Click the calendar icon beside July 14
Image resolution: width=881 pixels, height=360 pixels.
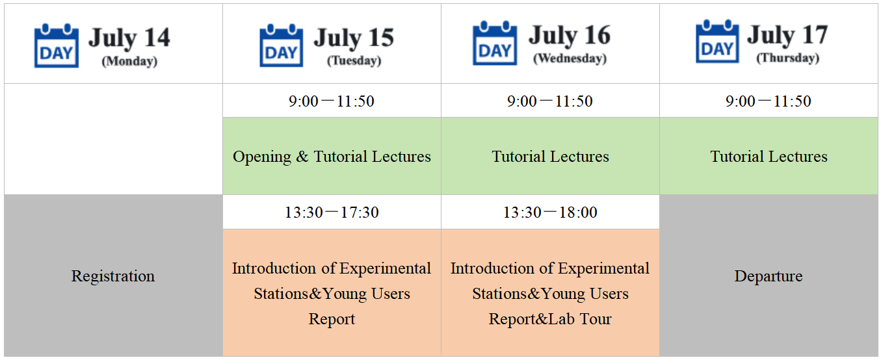click(57, 45)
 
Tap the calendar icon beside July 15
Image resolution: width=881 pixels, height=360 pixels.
click(282, 45)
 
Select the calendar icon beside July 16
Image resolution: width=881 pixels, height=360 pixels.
click(495, 43)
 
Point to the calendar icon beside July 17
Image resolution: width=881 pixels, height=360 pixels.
click(717, 42)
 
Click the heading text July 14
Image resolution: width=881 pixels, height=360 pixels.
click(129, 38)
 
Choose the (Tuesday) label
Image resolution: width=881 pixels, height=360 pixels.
click(354, 60)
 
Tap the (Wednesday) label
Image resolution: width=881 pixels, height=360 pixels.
click(570, 58)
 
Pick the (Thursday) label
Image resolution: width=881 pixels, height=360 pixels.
click(788, 58)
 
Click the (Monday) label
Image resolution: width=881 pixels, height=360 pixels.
click(129, 61)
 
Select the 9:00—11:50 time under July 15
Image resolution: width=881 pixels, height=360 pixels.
click(332, 101)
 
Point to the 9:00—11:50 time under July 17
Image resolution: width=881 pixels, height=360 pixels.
click(769, 101)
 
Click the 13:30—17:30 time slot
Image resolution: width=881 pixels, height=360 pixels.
click(332, 212)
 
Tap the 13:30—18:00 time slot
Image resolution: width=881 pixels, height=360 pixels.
click(550, 212)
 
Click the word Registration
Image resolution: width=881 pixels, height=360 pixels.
click(113, 276)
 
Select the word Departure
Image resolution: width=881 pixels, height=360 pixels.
click(769, 276)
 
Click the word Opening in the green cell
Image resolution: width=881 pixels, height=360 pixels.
click(262, 157)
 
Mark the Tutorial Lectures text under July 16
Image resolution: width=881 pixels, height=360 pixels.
click(550, 157)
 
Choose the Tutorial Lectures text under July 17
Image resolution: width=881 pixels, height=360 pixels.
click(769, 157)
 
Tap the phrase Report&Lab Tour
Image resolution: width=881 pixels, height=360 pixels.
click(550, 318)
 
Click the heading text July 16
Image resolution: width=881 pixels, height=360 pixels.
click(570, 35)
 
